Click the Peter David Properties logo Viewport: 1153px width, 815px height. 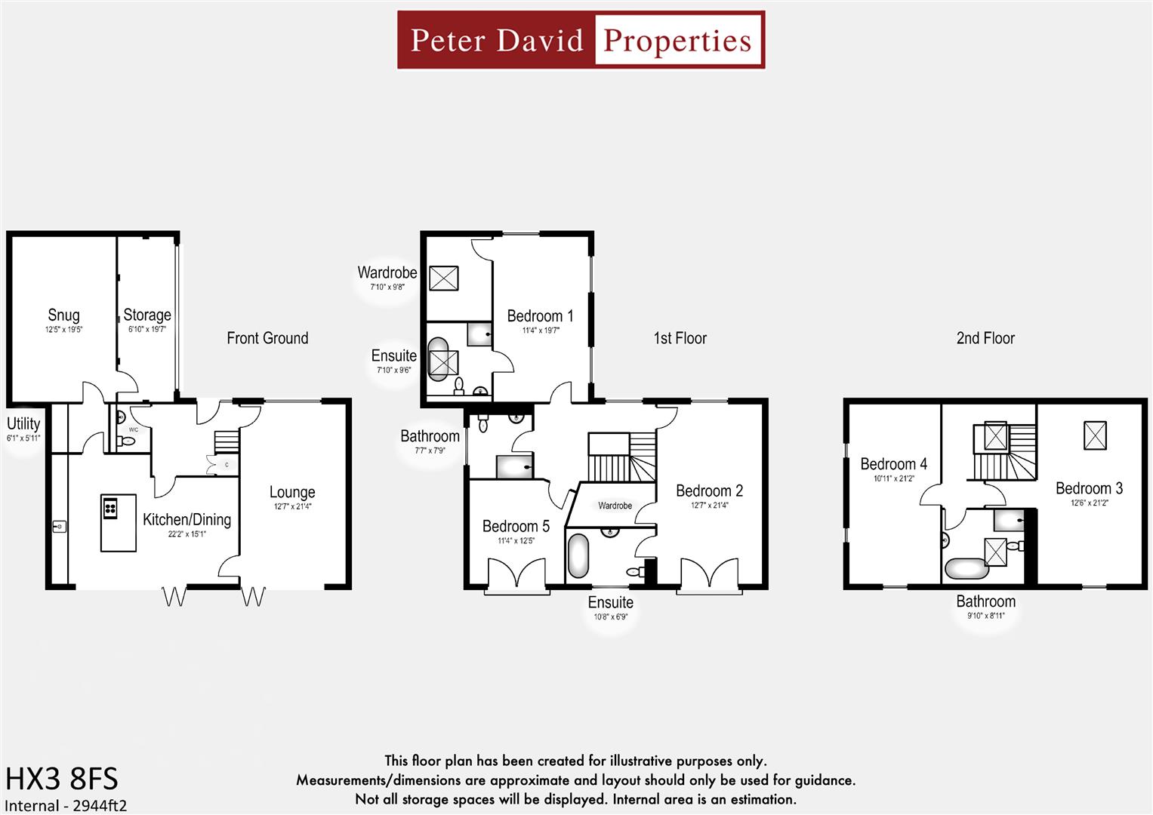(581, 40)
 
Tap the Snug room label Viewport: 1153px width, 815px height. (63, 315)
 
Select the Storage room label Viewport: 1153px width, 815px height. (147, 315)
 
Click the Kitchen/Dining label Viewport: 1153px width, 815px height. (187, 519)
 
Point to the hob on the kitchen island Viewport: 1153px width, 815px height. (110, 508)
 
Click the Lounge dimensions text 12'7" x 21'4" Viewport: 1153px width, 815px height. (292, 506)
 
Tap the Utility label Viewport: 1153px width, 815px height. (23, 423)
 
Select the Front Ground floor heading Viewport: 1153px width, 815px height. (267, 338)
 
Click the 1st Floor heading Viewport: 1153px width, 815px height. (680, 338)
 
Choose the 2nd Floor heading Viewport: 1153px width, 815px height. (985, 338)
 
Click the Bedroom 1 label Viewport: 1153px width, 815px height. (540, 315)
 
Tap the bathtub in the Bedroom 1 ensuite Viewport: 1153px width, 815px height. (439, 360)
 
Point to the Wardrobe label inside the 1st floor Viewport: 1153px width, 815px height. (615, 506)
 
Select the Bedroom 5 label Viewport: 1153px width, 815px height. (516, 526)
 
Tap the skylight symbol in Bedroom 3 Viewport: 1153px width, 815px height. (1095, 435)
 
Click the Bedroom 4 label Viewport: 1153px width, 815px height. (893, 464)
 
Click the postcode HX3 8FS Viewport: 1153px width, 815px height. (62, 778)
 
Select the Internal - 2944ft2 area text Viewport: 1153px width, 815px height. (66, 805)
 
